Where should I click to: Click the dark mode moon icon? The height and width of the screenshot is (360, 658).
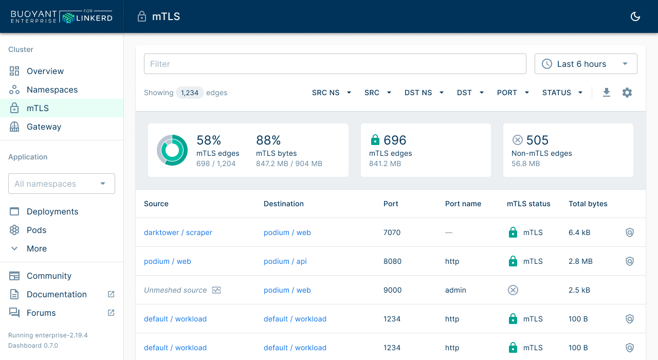click(x=635, y=16)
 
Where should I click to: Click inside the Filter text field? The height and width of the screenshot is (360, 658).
click(x=335, y=64)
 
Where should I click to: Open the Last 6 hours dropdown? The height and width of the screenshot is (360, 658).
click(x=586, y=64)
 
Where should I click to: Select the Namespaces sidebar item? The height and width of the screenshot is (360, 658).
click(x=52, y=89)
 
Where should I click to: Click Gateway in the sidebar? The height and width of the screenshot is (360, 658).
click(x=44, y=127)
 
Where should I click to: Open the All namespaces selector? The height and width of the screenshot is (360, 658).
click(x=61, y=184)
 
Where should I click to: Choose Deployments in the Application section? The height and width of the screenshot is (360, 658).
click(x=52, y=211)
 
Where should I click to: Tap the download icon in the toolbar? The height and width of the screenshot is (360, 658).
click(x=607, y=93)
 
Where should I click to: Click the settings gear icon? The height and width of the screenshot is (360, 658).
click(x=627, y=93)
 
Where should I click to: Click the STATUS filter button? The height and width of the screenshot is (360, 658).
click(x=562, y=93)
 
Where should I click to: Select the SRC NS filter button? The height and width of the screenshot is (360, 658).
click(x=332, y=93)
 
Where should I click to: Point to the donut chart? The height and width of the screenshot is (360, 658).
click(x=172, y=150)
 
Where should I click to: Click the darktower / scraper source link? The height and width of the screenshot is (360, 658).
click(x=178, y=232)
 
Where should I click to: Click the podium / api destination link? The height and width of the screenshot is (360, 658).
click(x=285, y=261)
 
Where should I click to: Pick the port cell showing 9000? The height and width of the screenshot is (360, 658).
click(x=392, y=290)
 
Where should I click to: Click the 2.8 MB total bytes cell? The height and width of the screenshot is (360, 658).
click(x=580, y=261)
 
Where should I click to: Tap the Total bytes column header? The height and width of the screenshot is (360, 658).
click(x=588, y=204)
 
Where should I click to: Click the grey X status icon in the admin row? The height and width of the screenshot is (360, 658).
click(x=513, y=290)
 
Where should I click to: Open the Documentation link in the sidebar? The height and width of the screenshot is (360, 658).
click(x=57, y=294)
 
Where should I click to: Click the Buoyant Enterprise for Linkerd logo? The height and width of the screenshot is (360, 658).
click(x=61, y=16)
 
